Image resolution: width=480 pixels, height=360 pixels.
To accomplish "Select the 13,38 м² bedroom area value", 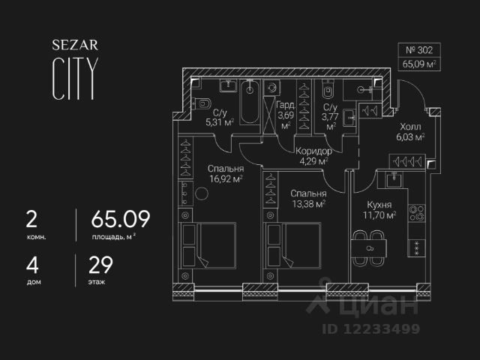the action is pos(307,202).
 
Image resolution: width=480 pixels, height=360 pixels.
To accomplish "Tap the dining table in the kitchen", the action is pos(369,247).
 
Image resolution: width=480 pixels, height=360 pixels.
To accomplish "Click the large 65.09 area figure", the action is pos(120,219).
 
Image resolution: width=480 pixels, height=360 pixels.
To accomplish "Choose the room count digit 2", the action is pos(31,219).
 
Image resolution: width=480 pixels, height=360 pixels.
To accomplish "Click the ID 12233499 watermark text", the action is pos(370,328).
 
